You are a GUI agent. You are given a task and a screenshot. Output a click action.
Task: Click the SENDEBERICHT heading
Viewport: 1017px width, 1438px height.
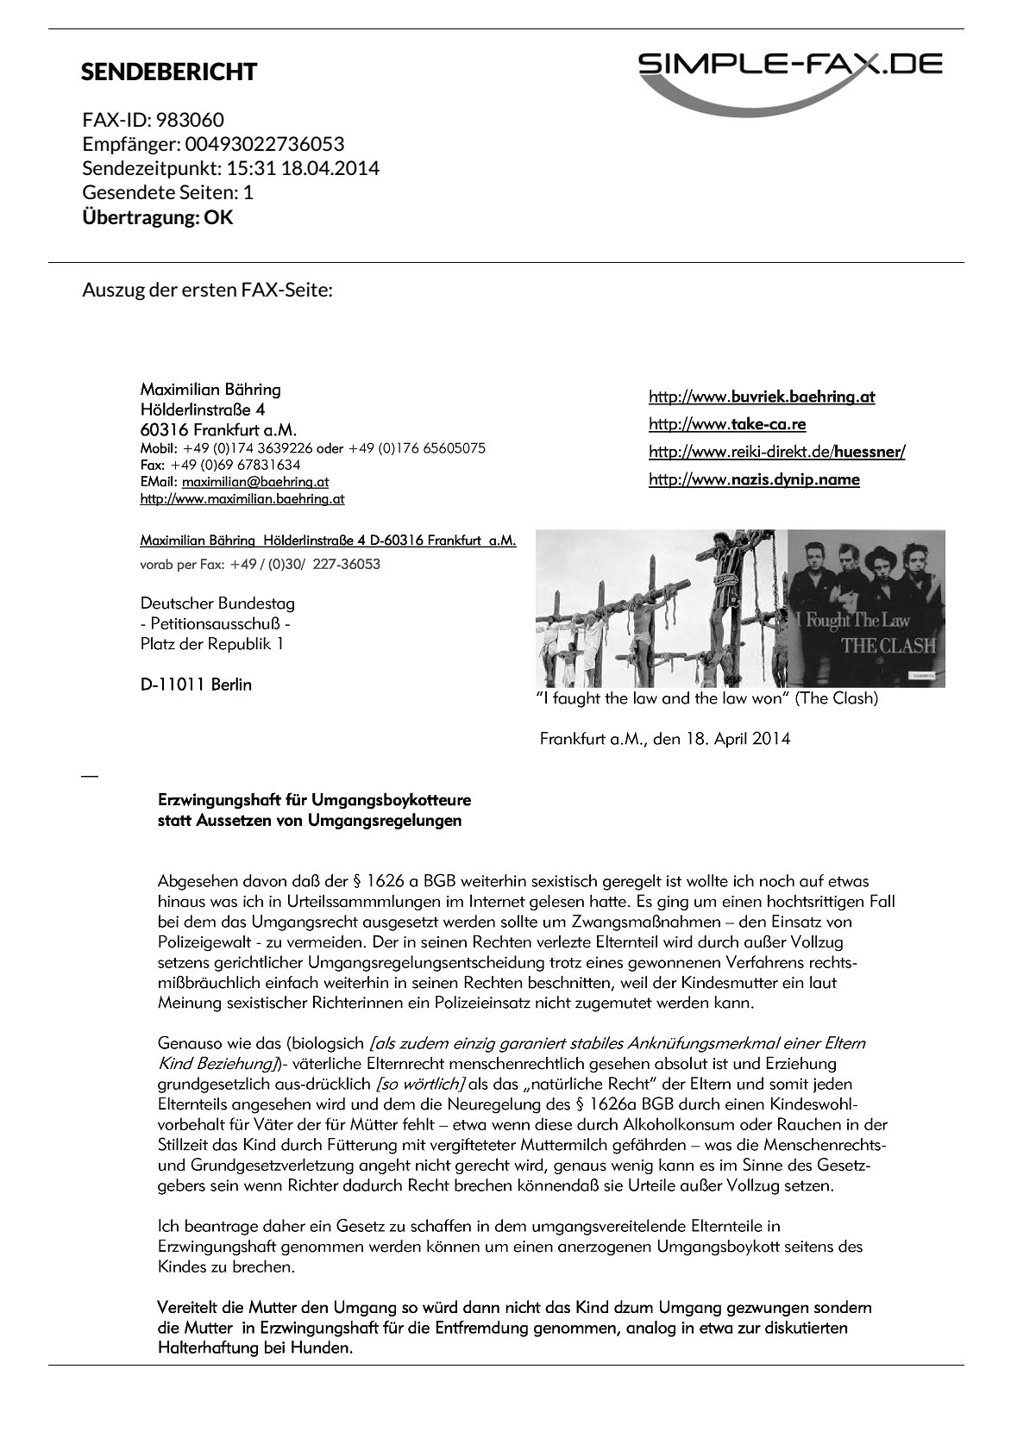169,72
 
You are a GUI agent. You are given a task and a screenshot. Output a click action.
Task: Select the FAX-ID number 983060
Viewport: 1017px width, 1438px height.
190,120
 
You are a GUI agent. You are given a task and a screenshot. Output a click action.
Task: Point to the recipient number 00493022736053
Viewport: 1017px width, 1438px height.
265,144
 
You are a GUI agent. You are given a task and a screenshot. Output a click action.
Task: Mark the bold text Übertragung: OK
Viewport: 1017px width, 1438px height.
157,217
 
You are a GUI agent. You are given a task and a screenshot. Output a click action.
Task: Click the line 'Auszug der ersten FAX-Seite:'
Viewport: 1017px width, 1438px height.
207,290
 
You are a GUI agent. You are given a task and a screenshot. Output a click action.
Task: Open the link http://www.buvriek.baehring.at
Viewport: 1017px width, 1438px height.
762,397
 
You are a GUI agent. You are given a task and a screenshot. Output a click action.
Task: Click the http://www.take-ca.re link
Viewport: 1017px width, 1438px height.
727,424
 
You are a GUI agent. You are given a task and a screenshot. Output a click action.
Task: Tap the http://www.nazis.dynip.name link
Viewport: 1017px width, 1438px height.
754,479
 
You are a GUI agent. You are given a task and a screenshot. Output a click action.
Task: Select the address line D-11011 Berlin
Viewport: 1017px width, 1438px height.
196,685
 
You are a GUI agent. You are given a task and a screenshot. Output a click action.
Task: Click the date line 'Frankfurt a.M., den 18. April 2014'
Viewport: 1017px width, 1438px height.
664,739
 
